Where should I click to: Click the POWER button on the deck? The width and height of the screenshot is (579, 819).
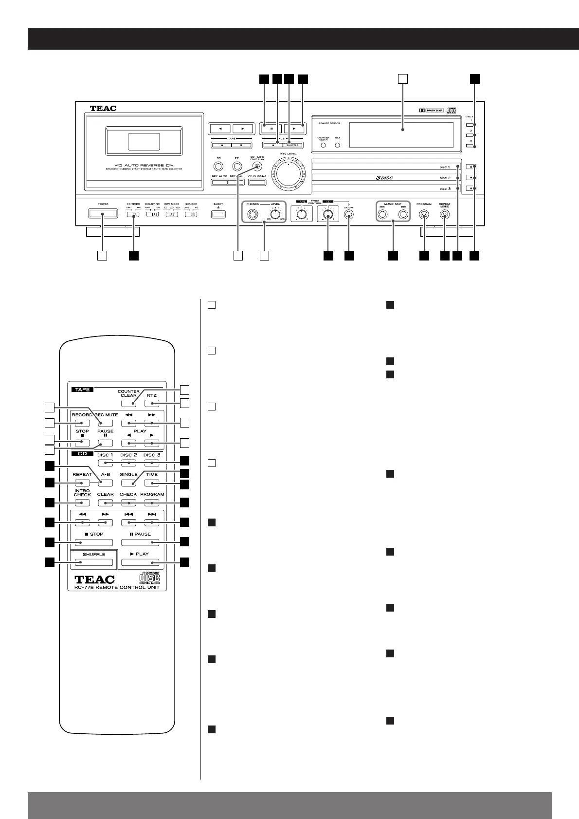103,213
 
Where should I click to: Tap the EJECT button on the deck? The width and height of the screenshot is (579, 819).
218,214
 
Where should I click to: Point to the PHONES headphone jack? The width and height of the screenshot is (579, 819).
253,214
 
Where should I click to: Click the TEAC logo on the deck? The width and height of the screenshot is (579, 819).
103,109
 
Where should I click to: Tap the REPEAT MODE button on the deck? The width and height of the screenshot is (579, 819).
444,214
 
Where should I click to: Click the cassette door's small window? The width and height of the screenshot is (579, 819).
144,141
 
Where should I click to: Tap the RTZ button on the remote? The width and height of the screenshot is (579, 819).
152,403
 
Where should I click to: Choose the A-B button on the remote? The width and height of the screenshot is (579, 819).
105,483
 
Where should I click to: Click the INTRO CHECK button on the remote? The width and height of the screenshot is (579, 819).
82,503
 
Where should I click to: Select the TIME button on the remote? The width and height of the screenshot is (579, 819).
152,483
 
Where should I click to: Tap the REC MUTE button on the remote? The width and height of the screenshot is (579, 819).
105,423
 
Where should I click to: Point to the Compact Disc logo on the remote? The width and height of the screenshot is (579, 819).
149,577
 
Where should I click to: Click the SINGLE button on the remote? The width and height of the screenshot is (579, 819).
128,483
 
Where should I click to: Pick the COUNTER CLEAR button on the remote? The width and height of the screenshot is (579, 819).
128,403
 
